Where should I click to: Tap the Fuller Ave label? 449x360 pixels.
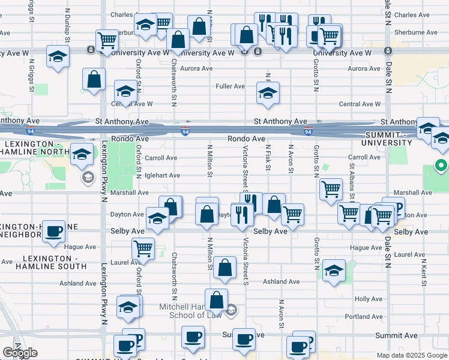click(231, 86)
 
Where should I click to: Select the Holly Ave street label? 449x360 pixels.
click(368, 298)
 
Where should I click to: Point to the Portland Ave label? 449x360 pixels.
click(363, 316)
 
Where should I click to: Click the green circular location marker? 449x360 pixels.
click(441, 165)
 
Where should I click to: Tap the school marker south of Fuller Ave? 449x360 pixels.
click(268, 92)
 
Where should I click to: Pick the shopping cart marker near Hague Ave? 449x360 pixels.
click(143, 247)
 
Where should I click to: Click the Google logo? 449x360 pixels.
click(20, 353)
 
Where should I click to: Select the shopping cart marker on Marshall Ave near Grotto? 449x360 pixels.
click(331, 190)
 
